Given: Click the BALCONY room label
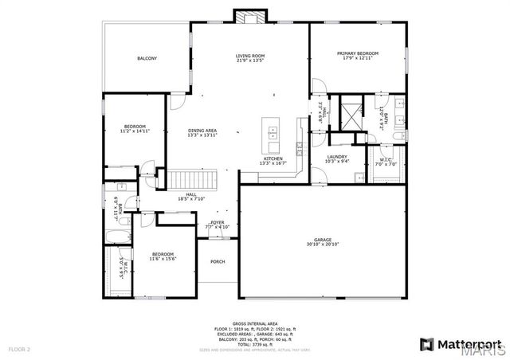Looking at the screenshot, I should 147,58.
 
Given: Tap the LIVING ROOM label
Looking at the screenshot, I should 249,56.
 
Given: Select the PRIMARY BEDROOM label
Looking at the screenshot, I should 360,53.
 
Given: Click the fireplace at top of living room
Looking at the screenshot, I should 245,16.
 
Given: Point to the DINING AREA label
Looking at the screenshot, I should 202,130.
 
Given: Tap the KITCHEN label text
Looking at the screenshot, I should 273,158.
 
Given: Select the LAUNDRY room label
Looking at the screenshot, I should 336,156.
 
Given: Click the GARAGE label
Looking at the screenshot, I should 322,240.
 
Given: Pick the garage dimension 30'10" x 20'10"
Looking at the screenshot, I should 322,245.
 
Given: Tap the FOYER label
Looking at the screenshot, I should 218,222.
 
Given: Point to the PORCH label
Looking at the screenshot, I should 217,261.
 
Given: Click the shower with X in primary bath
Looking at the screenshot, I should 348,113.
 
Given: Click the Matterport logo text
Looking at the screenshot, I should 461,344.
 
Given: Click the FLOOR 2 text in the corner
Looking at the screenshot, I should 19,349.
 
